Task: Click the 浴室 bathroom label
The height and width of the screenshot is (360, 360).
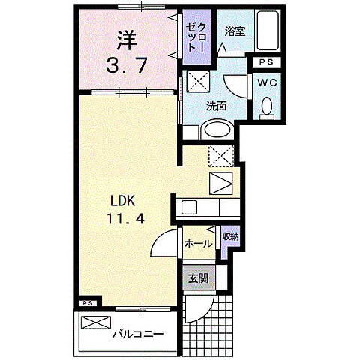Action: pos(235,31)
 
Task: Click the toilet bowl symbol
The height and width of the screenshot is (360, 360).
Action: pos(266,109)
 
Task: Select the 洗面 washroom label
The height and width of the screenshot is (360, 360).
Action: pos(218,105)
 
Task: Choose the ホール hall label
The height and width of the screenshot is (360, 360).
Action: pos(198,244)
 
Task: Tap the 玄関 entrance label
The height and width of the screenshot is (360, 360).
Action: pos(199,277)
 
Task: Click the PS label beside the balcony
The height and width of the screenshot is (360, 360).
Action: pos(88,304)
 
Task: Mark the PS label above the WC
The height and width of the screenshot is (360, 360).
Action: pos(266,62)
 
